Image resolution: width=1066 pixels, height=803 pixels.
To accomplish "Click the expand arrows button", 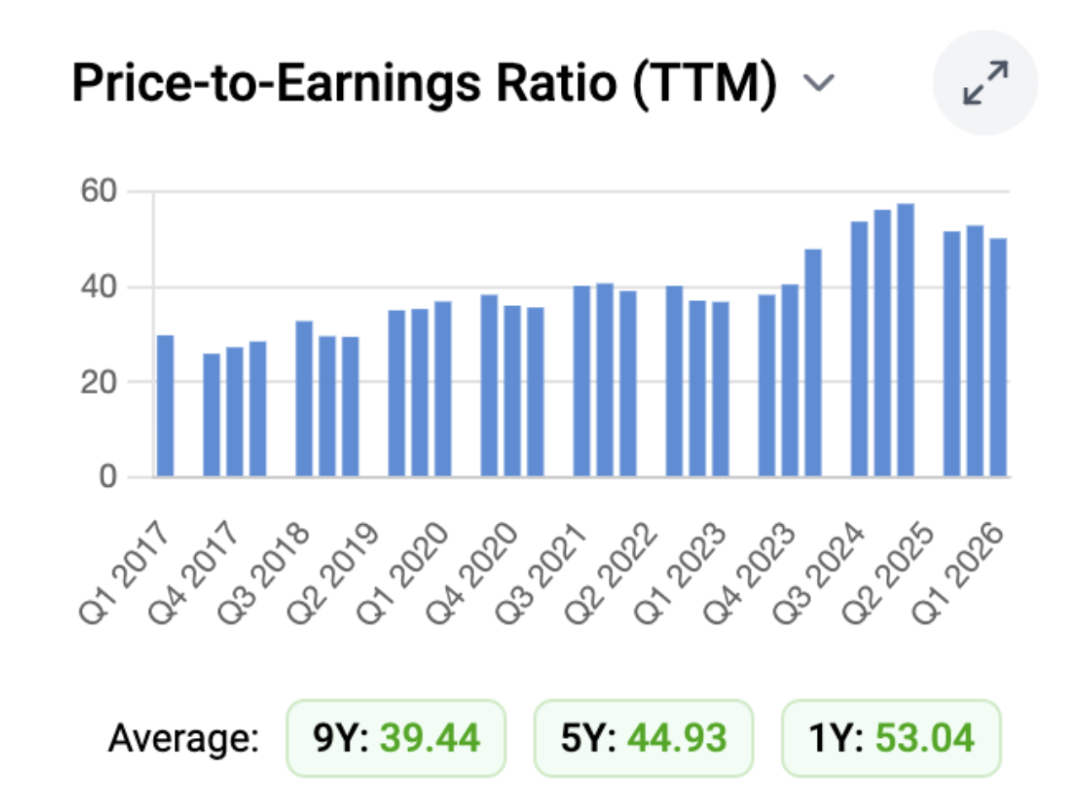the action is [x=986, y=83].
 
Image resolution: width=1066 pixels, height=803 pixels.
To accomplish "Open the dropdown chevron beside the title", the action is [x=819, y=83].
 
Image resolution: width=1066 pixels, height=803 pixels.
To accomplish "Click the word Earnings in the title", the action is [x=378, y=84].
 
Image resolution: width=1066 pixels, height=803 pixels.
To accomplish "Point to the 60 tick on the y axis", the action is [x=99, y=190].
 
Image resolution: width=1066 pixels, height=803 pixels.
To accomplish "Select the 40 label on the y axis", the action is [x=99, y=287].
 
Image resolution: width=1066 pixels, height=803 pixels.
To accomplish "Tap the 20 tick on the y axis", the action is [x=99, y=382].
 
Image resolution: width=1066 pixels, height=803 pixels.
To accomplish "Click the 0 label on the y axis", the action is [x=108, y=477].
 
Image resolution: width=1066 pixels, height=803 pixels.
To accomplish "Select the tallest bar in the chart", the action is [x=906, y=340].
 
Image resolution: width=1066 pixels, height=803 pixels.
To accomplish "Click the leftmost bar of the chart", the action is [x=165, y=406].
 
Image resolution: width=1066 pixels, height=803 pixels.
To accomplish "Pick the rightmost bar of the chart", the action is [x=998, y=358].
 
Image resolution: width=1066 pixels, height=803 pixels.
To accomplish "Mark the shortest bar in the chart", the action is [x=211, y=415].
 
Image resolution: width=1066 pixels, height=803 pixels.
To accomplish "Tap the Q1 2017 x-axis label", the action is [x=123, y=572].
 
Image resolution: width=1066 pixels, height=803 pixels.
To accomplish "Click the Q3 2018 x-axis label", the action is [x=262, y=572].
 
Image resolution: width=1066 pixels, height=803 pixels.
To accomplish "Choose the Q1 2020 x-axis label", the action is [x=401, y=572].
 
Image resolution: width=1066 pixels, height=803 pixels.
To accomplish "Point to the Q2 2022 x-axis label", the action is [x=610, y=572].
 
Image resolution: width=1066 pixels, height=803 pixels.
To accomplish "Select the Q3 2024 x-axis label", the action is [x=818, y=572].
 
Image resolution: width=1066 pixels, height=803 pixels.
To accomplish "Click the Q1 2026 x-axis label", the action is [x=957, y=572].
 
